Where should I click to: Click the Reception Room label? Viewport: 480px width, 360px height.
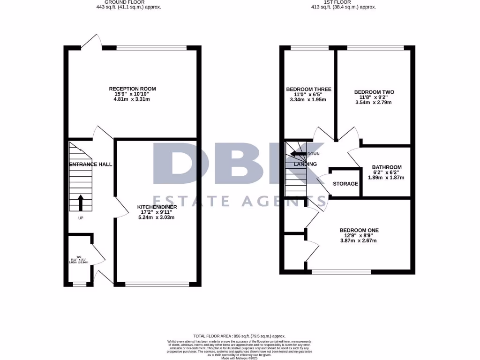tap(132, 89)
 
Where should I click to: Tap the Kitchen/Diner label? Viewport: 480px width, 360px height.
tap(157, 207)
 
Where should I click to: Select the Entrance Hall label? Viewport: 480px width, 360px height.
tap(90, 165)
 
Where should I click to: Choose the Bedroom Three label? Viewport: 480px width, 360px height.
tap(308, 90)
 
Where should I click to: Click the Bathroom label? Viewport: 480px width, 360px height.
tap(387, 167)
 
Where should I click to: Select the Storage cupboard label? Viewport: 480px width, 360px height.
tap(345, 184)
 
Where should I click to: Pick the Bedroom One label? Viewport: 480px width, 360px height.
tap(359, 230)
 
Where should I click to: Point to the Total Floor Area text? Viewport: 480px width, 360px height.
tap(240, 336)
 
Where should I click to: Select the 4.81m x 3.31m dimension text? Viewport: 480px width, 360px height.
tap(132, 99)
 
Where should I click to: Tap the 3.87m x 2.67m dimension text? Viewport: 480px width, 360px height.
tap(359, 241)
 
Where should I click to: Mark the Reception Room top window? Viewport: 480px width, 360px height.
tap(152, 47)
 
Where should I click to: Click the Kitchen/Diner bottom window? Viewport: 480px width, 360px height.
tap(158, 283)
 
